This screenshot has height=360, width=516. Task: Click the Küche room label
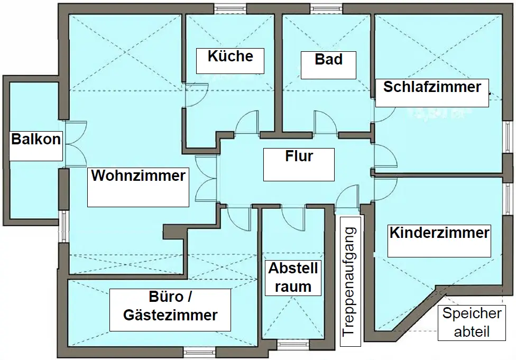231,57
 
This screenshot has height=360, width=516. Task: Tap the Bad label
328,59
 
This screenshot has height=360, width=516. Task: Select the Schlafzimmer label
432,87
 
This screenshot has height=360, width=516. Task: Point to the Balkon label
36,140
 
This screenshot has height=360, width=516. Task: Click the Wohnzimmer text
138,176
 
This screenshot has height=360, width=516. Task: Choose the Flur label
299,157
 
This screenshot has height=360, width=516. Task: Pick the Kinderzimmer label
439,233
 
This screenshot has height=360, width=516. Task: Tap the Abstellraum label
293,278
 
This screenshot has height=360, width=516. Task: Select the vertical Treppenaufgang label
351,281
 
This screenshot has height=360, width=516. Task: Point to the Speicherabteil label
472,322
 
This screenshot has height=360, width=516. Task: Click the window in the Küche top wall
230,8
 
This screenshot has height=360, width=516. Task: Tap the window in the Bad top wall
326,8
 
